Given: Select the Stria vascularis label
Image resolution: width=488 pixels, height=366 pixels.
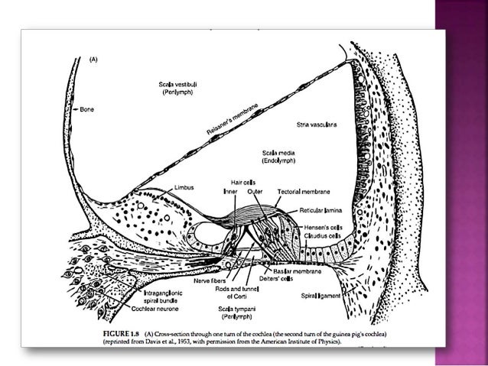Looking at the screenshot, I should [319, 122].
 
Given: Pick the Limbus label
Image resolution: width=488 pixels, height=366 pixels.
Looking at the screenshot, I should [184, 186].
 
